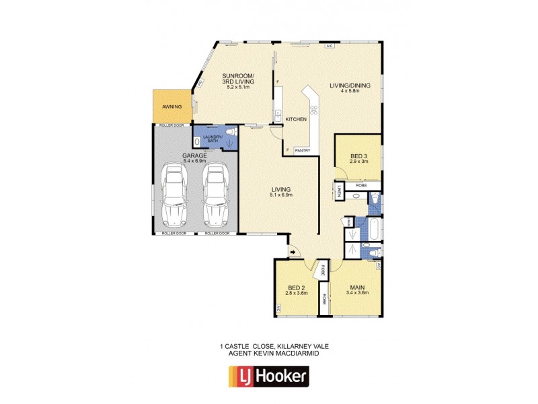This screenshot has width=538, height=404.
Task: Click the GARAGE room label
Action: pos(195,156)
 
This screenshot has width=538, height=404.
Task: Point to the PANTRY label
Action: pos(302,150)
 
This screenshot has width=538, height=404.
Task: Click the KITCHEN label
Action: pos(296,119)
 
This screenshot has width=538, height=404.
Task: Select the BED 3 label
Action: pos(358,157)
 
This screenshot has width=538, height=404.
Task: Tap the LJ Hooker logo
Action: pos(268,375)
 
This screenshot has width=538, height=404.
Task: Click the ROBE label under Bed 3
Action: pos(360,184)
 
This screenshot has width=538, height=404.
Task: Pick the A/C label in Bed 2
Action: pos(277,308)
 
